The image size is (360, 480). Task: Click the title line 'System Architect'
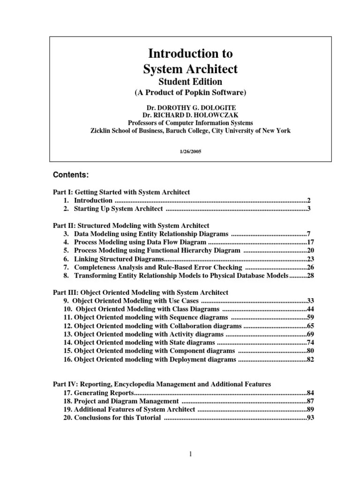[x=190, y=69]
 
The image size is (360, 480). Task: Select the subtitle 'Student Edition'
[x=190, y=82]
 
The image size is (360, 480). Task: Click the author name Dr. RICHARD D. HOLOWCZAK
[x=190, y=114]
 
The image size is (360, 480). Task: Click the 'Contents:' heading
[x=70, y=175]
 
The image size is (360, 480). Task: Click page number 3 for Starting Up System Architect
[x=309, y=209]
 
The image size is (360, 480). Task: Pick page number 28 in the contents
[x=310, y=276]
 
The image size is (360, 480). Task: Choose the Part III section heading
[x=141, y=292]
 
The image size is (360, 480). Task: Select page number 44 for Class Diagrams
[x=310, y=309]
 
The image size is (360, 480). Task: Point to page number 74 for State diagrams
[x=310, y=343]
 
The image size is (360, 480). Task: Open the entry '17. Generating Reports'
[x=98, y=392]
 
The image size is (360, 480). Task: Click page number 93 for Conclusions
[x=310, y=418]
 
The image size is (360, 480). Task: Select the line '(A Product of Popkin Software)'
[x=190, y=92]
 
